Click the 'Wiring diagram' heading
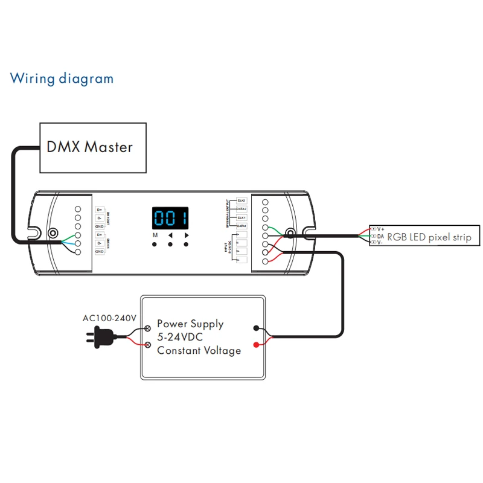click(x=62, y=78)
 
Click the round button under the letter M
click(x=155, y=245)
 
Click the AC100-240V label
click(x=110, y=318)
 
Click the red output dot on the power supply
click(x=258, y=345)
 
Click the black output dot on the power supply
click(x=258, y=329)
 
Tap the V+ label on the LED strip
click(x=381, y=229)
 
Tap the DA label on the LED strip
click(x=381, y=236)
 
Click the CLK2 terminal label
click(x=241, y=200)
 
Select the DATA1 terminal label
click(x=241, y=225)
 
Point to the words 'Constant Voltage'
click(x=199, y=350)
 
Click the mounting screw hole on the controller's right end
click(x=290, y=233)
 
